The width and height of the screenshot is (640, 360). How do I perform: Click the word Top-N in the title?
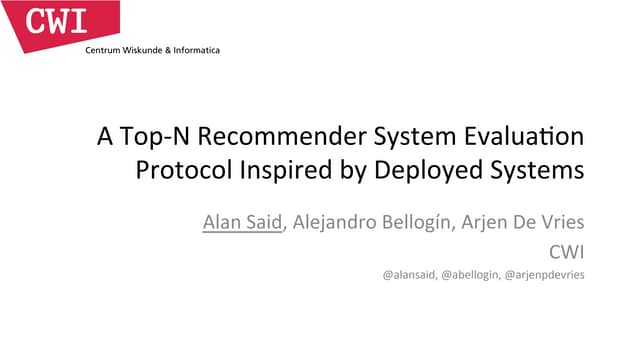145,137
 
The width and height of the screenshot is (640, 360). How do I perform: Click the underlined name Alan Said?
243,222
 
